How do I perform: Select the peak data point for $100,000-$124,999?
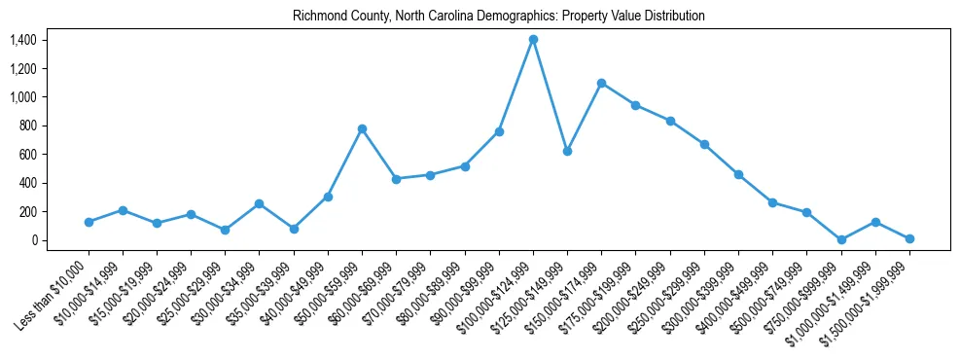tap(533, 40)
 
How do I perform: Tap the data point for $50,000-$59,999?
tap(362, 128)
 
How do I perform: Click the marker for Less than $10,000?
tap(89, 222)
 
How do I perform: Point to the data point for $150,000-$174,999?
tap(601, 83)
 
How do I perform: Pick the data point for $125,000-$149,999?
tap(567, 151)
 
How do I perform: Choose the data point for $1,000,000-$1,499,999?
tap(875, 222)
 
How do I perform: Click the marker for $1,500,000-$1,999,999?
tap(909, 238)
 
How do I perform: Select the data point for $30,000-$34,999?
tap(259, 203)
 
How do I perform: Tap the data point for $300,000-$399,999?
tap(738, 174)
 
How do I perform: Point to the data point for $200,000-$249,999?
tap(670, 121)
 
